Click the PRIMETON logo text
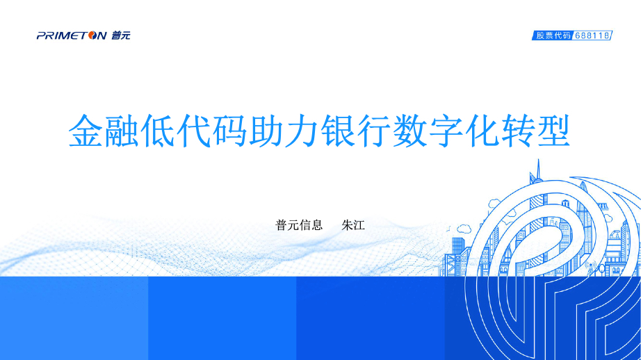[72, 35]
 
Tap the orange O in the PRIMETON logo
[92, 35]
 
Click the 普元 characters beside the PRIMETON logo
[120, 35]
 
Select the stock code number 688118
[592, 35]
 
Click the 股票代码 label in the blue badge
[553, 35]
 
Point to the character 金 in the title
[86, 131]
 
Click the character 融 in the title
[122, 131]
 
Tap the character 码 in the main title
[229, 131]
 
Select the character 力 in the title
[301, 131]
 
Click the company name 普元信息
[299, 224]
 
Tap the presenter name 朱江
[353, 224]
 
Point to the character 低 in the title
[157, 131]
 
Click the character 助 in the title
[265, 131]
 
